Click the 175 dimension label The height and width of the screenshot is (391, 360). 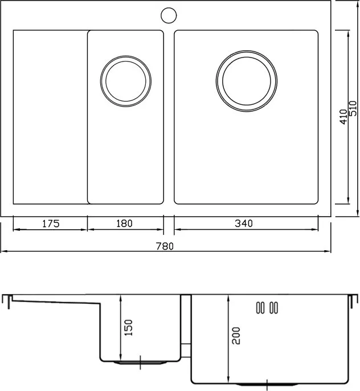pyautogui.click(x=51, y=223)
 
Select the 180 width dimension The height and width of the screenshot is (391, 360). pyautogui.click(x=125, y=223)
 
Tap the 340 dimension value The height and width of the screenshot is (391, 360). pyautogui.click(x=244, y=223)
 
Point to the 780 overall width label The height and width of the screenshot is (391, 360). pyautogui.click(x=165, y=246)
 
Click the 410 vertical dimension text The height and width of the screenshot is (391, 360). pyautogui.click(x=343, y=117)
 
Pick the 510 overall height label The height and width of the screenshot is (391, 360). pyautogui.click(x=353, y=108)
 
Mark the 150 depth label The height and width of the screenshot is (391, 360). pyautogui.click(x=129, y=327)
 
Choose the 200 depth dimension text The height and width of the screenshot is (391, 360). pyautogui.click(x=236, y=336)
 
